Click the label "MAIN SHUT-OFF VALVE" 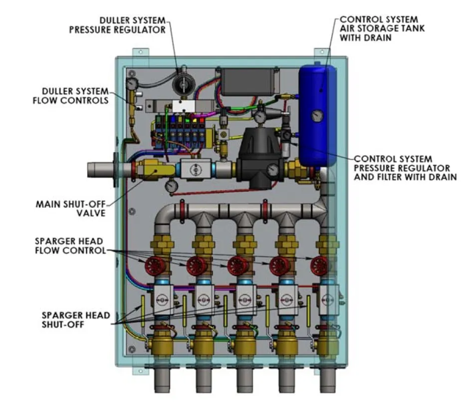click(72, 209)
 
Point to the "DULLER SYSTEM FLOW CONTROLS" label click(75, 95)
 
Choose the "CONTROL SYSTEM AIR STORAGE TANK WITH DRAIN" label click(382, 29)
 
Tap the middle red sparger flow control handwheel click(236, 266)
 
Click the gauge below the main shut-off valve click(171, 187)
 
